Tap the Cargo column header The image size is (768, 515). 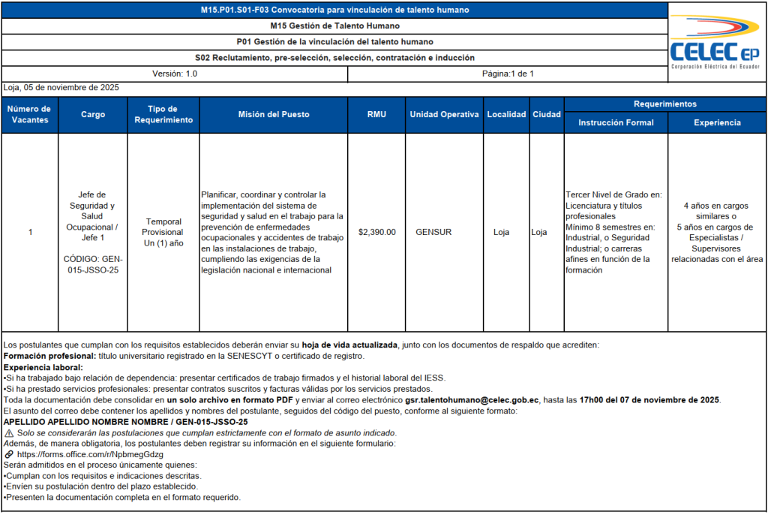point(93,115)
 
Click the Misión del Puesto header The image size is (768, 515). point(274,115)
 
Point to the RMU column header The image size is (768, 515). point(376,115)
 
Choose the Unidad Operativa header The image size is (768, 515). point(444,115)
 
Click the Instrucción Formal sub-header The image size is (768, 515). point(616,122)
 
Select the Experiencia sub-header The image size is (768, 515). point(717,122)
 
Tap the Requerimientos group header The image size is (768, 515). point(664,104)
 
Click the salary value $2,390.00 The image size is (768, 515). point(376,233)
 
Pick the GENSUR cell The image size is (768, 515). point(433,233)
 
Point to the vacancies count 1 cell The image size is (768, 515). point(30,233)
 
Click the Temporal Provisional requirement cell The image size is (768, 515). point(163,233)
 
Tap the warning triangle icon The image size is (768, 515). point(9,433)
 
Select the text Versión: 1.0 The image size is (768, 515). point(175,74)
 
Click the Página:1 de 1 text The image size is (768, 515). point(508,74)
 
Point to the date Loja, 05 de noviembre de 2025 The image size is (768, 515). point(61,88)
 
